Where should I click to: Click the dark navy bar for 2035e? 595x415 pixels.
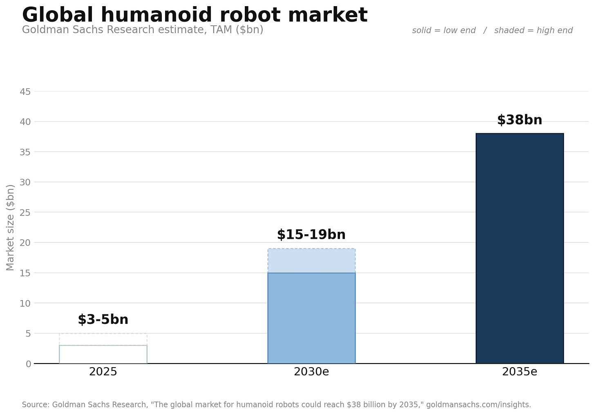(519, 248)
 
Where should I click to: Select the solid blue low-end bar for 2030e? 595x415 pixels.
(311, 318)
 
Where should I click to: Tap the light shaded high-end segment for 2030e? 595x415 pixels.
(311, 260)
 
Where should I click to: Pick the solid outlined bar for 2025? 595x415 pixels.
(103, 345)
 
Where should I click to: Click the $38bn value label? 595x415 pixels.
(519, 120)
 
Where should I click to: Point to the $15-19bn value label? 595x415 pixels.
(311, 235)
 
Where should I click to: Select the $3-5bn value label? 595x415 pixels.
(103, 319)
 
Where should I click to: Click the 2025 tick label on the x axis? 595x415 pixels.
(103, 372)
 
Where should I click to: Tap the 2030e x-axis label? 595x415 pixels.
(311, 372)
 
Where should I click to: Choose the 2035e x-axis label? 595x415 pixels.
(519, 372)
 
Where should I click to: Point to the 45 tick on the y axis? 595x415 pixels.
(25, 92)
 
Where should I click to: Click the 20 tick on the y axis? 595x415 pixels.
(25, 242)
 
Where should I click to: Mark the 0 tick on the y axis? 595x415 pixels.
(29, 364)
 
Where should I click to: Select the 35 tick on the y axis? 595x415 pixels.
(25, 152)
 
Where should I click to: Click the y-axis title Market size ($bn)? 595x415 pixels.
(10, 227)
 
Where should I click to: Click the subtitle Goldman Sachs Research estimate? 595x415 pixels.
(114, 30)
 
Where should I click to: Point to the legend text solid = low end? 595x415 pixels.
(444, 31)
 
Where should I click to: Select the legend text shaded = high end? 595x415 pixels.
(533, 31)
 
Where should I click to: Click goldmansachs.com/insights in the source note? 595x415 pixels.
(479, 405)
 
